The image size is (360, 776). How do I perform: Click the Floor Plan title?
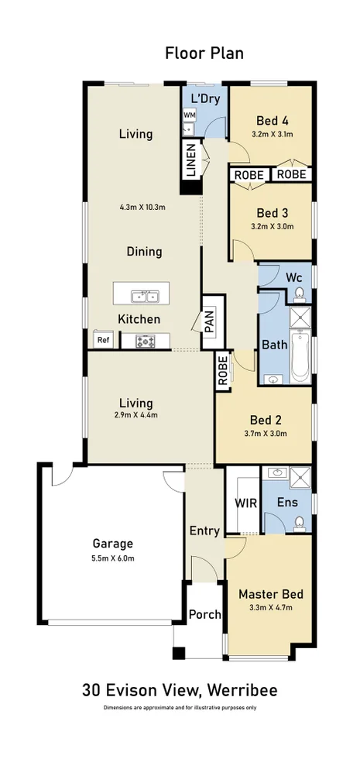coord(204,53)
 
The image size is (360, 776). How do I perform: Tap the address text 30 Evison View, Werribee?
coord(180,690)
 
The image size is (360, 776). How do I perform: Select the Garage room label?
coord(113,543)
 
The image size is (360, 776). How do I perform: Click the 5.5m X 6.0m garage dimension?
coord(113,557)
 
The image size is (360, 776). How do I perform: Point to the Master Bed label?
coord(270,594)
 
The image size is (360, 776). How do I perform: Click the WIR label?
coord(245,503)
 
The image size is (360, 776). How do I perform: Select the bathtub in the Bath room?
coord(300,357)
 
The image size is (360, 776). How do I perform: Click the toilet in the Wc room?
coord(300,293)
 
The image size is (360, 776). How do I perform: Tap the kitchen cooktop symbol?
coord(146,340)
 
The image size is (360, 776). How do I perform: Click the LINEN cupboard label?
coord(189,161)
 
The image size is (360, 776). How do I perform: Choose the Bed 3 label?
coord(272,213)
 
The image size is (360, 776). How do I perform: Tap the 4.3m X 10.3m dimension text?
coord(143,207)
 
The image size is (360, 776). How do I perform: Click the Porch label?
coord(205,614)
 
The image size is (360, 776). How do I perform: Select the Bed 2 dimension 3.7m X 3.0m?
coord(266,434)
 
